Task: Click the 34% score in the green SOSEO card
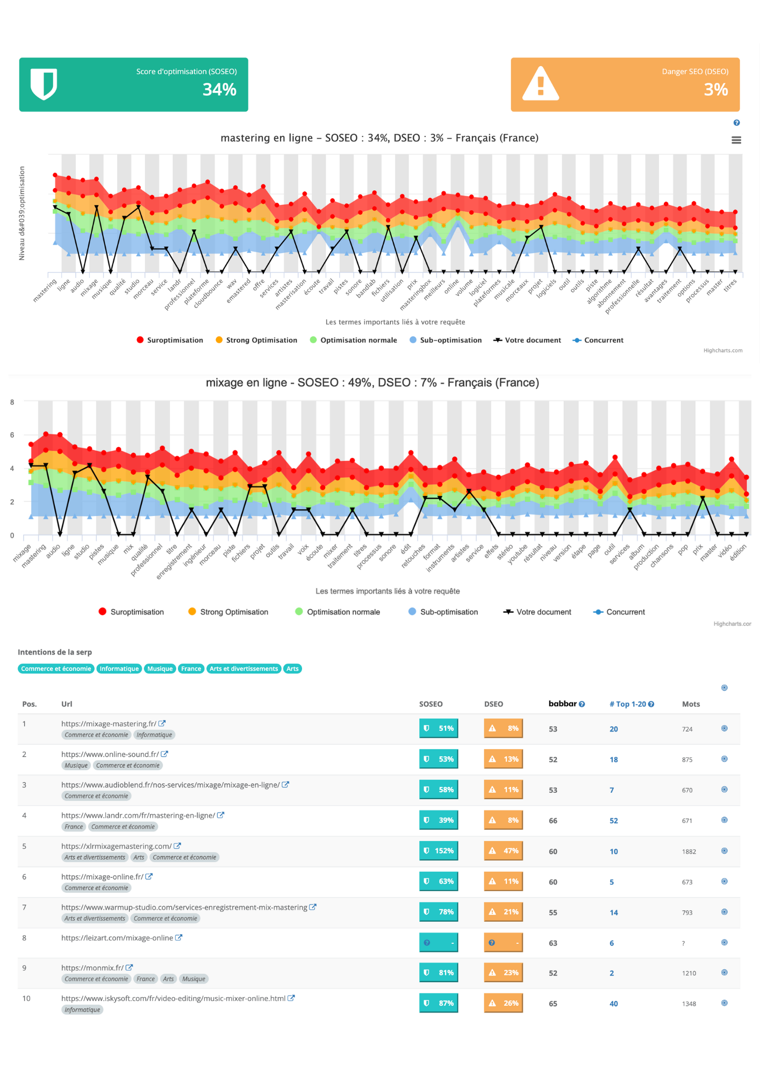coord(219,89)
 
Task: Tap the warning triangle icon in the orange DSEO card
coord(541,84)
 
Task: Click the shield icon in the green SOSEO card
coord(44,84)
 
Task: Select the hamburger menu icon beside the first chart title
coord(736,140)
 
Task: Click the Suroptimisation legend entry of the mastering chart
coord(170,340)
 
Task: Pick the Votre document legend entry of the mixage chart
coord(537,612)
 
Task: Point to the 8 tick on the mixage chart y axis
coord(12,402)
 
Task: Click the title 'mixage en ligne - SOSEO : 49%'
coord(372,383)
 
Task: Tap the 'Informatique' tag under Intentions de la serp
coord(119,669)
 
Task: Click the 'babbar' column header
coord(562,704)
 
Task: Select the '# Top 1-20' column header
coord(628,704)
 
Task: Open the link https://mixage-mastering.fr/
coord(109,724)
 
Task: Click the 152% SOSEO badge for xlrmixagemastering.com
coord(439,851)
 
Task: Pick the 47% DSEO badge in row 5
coord(504,851)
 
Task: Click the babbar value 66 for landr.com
coord(553,821)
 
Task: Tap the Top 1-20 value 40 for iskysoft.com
coord(614,1004)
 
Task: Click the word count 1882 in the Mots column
coord(689,851)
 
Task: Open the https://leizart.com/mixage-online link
coord(117,938)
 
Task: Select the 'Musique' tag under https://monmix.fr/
coord(193,979)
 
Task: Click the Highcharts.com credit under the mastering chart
coord(723,350)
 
